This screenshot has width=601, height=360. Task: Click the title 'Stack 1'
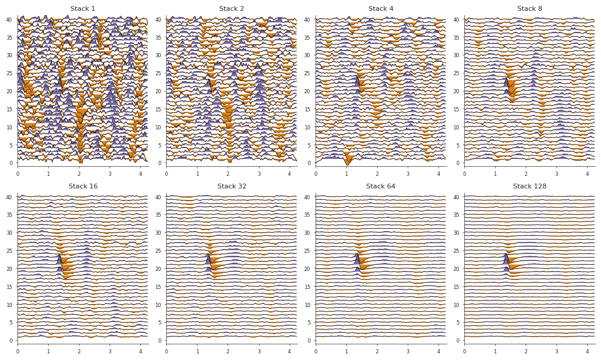coord(83,9)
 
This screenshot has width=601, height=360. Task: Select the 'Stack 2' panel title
coord(232,9)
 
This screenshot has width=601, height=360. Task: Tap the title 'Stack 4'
coord(381,9)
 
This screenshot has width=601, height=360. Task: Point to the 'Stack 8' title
coord(529,9)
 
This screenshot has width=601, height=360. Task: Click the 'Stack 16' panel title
coord(83,187)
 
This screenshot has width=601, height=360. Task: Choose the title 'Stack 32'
coord(232,187)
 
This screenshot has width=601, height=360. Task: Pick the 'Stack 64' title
coord(381,187)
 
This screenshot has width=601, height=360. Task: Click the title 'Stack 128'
coord(529,187)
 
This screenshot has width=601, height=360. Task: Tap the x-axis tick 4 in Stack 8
coord(587,174)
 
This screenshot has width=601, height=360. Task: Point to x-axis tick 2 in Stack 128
coord(526,352)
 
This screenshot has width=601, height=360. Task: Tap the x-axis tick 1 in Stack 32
coord(197,352)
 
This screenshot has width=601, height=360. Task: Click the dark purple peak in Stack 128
coord(506,259)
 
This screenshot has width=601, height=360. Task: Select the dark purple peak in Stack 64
coord(357,259)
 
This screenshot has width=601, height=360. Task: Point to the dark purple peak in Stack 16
coord(60,261)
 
